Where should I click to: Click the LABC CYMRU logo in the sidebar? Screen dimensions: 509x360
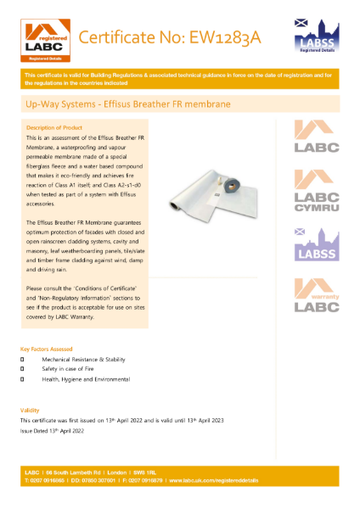point(315,190)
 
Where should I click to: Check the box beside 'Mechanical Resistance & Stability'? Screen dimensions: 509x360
point(23,360)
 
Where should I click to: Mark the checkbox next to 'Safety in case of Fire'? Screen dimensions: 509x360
point(23,370)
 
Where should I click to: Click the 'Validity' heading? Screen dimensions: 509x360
point(30,411)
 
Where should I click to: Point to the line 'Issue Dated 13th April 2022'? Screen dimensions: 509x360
point(54,431)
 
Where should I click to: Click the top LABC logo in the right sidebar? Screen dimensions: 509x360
point(315,136)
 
